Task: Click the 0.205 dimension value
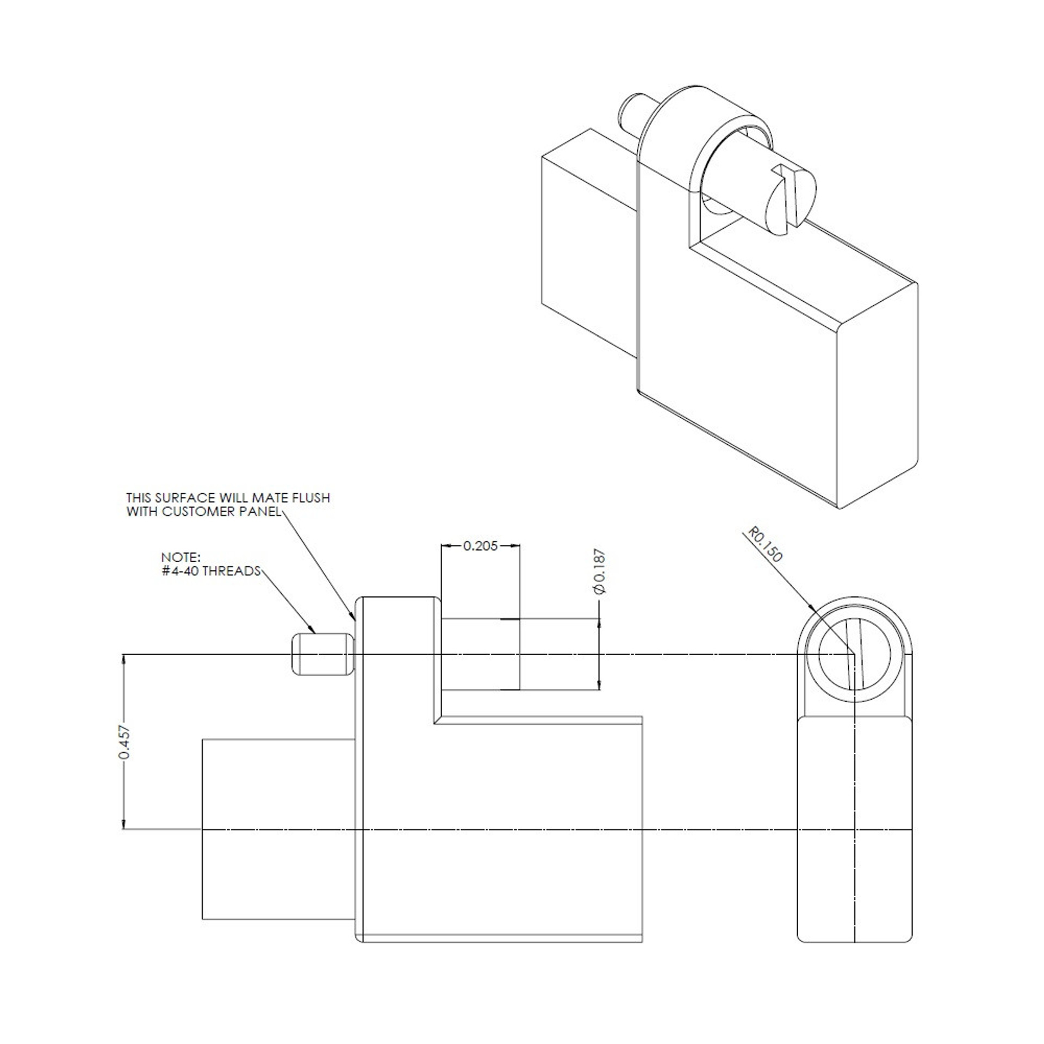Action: click(x=480, y=546)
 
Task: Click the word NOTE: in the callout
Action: click(x=181, y=557)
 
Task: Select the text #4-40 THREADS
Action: click(x=211, y=571)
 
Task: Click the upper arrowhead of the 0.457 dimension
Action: click(x=125, y=660)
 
